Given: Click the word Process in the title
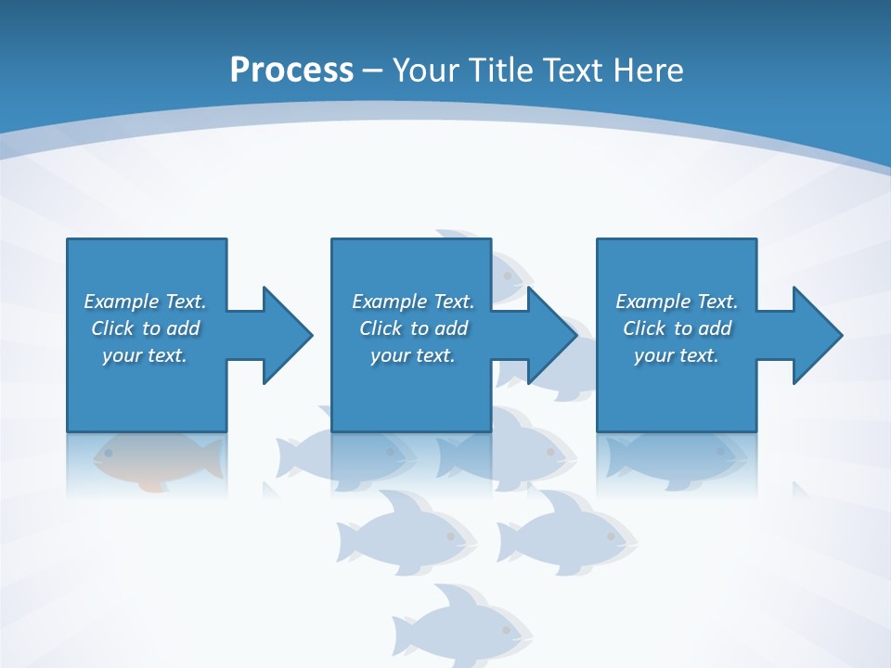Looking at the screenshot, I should [x=291, y=71].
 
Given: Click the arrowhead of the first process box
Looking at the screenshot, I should [x=288, y=335].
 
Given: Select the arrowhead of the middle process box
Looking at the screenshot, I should [x=552, y=335].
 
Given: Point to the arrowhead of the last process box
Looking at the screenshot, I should [x=818, y=335].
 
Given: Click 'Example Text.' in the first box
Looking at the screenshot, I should [x=145, y=302].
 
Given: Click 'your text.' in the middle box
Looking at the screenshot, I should [x=412, y=355].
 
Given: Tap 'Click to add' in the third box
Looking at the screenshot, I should [x=677, y=328].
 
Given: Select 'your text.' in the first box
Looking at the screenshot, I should [x=145, y=355].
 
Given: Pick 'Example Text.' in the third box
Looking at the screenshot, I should [x=677, y=302].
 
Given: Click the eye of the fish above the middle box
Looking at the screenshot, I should [x=508, y=276].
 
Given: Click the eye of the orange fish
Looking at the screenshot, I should [x=109, y=453].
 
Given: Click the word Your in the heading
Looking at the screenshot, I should [x=427, y=71].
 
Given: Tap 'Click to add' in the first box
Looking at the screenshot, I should [x=145, y=328].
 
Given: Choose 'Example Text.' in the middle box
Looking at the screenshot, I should [x=412, y=302].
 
